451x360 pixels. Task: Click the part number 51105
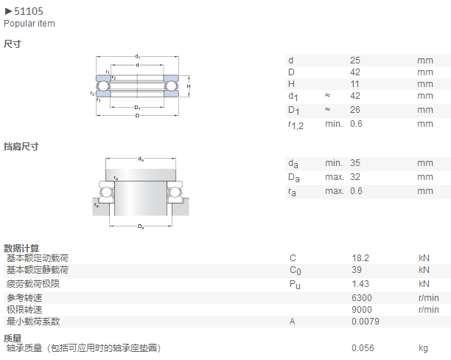(x=29, y=11)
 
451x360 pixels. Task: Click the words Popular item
(x=29, y=24)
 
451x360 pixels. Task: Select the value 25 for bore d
(x=355, y=60)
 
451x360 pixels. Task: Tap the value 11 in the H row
(x=355, y=84)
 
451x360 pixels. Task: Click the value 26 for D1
(x=355, y=110)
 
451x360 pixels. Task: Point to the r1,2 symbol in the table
(x=296, y=125)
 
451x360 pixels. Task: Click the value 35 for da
(x=355, y=163)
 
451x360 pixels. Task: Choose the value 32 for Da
(x=355, y=177)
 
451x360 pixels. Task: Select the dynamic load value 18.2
(x=360, y=258)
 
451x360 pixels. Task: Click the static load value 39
(x=357, y=270)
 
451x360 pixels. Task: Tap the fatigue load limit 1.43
(x=360, y=284)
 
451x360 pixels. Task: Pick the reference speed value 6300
(x=362, y=298)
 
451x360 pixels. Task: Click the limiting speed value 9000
(x=362, y=310)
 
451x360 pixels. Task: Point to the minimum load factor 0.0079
(x=366, y=322)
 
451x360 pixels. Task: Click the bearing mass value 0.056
(x=363, y=348)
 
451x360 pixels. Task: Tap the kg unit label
(x=424, y=348)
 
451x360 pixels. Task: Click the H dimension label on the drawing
(x=189, y=86)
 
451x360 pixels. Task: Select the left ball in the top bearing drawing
(x=102, y=86)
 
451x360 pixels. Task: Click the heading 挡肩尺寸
(x=21, y=146)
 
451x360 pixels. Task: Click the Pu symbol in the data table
(x=295, y=285)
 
